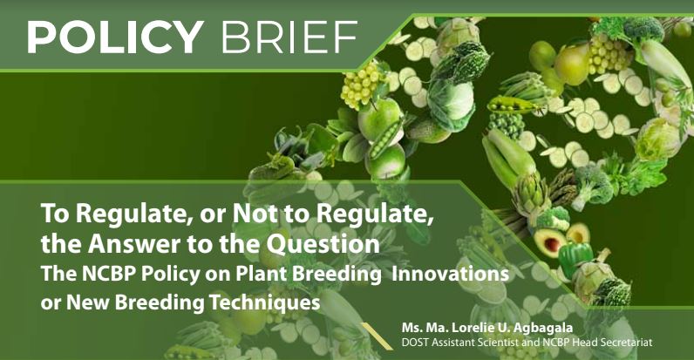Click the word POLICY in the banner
pos(115,37)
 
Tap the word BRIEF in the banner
pos(289,37)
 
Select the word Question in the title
pos(323,244)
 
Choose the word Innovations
pos(450,274)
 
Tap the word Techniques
pos(265,302)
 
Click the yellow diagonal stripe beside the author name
pos(377,336)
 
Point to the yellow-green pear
pos(572,65)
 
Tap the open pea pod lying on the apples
pos(386,139)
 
